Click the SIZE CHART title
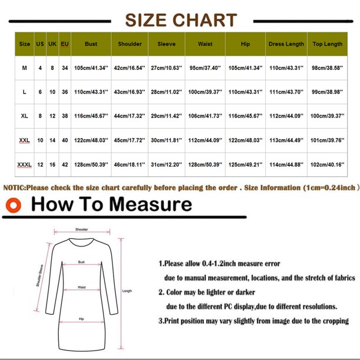click(181, 19)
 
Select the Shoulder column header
click(129, 44)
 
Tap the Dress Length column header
click(286, 44)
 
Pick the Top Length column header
click(327, 44)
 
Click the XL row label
click(24, 116)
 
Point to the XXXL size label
click(24, 165)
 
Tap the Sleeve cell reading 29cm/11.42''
click(166, 116)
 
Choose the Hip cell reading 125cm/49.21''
click(245, 165)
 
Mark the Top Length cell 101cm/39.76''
click(327, 141)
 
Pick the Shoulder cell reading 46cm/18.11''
click(129, 165)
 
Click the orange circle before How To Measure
click(13, 205)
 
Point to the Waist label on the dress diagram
click(82, 288)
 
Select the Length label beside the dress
click(126, 291)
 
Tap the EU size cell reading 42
click(65, 165)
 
